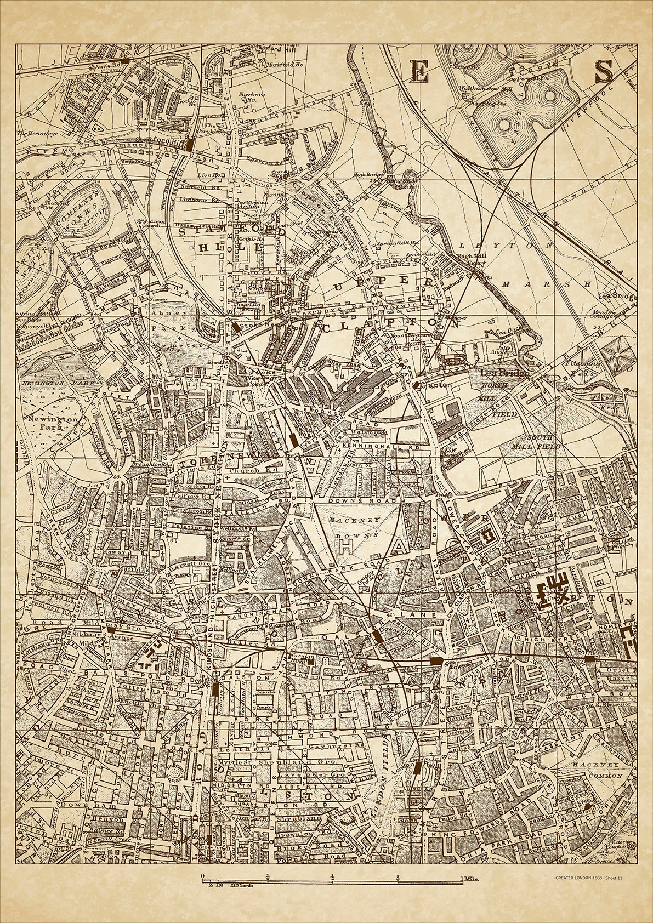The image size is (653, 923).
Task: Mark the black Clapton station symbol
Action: (417, 385)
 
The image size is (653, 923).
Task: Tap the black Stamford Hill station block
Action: (190, 145)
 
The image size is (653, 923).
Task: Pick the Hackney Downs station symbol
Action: (378, 637)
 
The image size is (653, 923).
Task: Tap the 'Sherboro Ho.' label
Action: (248, 97)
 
